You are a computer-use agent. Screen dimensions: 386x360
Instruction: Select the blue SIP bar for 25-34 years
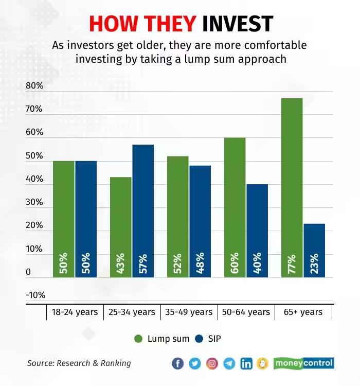tap(142, 211)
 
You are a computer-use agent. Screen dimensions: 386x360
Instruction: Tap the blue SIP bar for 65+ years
tap(314, 251)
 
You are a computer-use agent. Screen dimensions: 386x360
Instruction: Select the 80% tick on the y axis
tap(34, 86)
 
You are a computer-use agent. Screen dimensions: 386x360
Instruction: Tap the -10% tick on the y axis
tap(35, 295)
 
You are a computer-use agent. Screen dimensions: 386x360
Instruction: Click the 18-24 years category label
tap(75, 312)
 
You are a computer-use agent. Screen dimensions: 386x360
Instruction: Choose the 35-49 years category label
tap(189, 312)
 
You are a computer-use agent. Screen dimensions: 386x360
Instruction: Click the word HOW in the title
tap(111, 24)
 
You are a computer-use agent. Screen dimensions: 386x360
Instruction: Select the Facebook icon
tap(177, 363)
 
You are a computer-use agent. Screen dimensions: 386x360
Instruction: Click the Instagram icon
tap(212, 363)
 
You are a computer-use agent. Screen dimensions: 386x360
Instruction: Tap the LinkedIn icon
tap(246, 363)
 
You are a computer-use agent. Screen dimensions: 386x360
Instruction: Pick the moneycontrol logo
tap(303, 363)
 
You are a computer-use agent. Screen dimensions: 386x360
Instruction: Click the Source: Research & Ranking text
tap(79, 363)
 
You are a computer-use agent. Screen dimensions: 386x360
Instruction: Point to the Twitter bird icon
tap(194, 363)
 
